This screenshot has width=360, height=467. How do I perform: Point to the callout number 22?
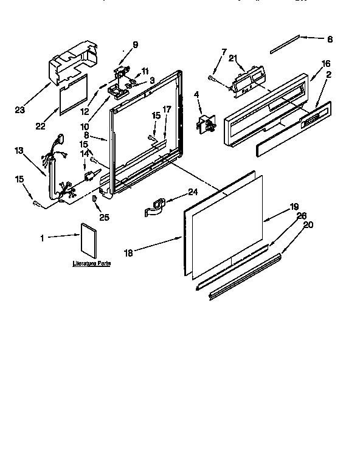click(41, 126)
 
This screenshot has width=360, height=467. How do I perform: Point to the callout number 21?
click(234, 57)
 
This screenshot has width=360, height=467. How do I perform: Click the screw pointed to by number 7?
click(212, 77)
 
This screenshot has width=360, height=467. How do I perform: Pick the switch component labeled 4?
click(204, 125)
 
